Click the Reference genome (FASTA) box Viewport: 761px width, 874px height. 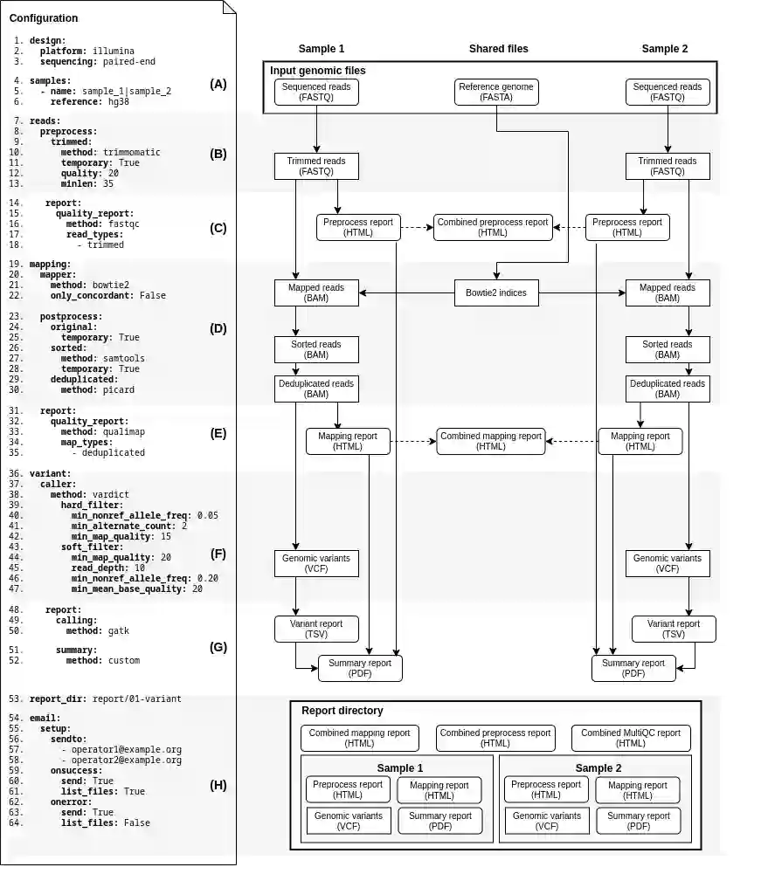tap(496, 93)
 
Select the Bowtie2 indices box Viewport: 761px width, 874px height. tap(496, 293)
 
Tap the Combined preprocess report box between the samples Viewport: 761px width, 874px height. tap(493, 227)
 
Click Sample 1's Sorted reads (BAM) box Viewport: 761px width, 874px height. tap(316, 350)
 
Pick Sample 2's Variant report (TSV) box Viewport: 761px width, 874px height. tap(674, 630)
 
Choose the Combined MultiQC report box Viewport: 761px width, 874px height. tap(631, 738)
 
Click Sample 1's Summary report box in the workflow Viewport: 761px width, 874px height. tap(360, 669)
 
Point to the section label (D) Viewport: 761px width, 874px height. tap(218, 329)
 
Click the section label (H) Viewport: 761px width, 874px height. tap(218, 785)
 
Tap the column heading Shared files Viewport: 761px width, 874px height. tap(498, 49)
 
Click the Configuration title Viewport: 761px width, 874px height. tap(44, 18)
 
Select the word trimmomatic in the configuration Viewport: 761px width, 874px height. tap(131, 152)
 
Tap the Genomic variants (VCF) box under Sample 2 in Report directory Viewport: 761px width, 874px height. tap(546, 821)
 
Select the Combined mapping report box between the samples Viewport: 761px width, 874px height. tap(491, 441)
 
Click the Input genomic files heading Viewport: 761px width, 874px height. tap(318, 71)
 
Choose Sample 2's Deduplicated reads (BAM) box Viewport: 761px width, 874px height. tap(668, 389)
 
